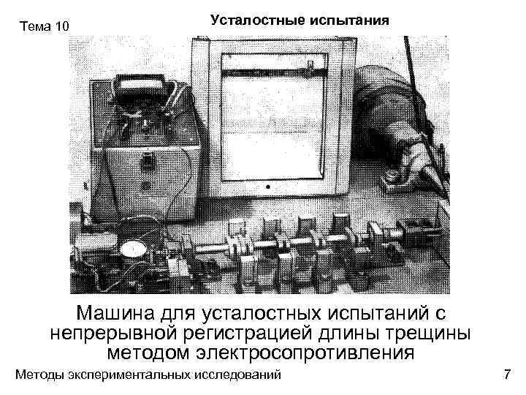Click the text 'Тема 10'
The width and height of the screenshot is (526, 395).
point(45,27)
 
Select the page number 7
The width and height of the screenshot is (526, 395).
point(507,375)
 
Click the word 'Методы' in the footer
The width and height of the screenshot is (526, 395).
point(39,375)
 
